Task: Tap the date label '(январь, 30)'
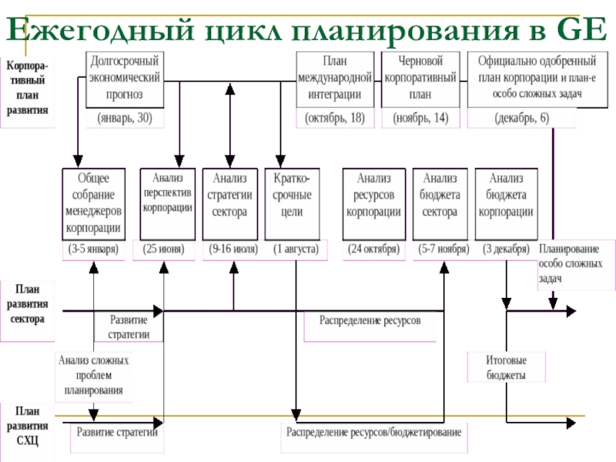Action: [x=125, y=119]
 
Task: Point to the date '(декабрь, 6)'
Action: [x=521, y=119]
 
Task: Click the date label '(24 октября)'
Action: [x=373, y=250]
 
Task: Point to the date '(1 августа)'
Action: [x=296, y=250]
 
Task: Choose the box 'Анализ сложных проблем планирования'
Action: [x=93, y=375]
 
